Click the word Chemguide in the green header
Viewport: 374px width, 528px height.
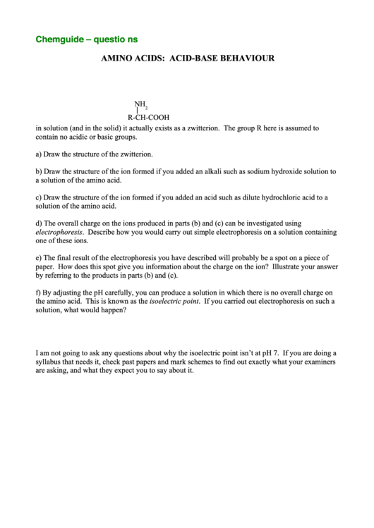pos(59,39)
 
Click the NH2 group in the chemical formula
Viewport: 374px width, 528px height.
pos(140,104)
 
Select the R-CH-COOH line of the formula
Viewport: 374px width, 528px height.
pos(148,118)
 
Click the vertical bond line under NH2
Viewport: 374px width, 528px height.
pos(137,111)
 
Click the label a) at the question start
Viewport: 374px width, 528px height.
pos(39,154)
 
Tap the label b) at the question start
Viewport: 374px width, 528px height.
pos(39,171)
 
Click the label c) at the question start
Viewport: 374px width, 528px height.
pos(39,197)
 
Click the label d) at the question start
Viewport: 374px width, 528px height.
pos(39,223)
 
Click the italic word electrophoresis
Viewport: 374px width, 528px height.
pos(59,232)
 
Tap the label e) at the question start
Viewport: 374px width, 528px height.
pos(39,258)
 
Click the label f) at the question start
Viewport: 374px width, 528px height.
pos(38,292)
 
